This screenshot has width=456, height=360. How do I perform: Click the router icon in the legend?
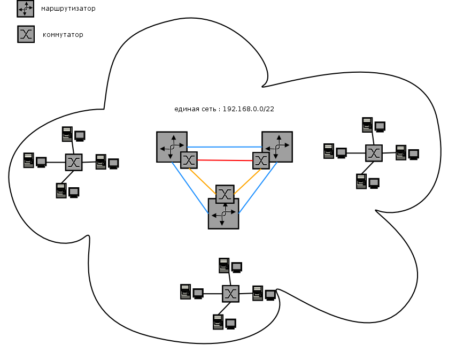(25, 9)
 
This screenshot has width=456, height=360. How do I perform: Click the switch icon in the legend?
(26, 34)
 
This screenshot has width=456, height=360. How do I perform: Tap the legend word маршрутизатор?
(68, 9)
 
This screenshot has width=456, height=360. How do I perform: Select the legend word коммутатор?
(63, 35)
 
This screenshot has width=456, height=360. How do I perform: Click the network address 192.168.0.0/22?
(248, 109)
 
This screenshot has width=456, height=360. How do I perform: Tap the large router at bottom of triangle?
(223, 215)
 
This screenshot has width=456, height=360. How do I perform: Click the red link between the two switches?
(225, 160)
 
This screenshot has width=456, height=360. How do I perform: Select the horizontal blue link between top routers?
(225, 147)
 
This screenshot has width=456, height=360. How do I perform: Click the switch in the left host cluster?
(74, 162)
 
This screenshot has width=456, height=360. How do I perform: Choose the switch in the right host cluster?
(374, 153)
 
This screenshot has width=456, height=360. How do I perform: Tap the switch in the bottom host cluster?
(230, 293)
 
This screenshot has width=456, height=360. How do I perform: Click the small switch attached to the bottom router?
(225, 193)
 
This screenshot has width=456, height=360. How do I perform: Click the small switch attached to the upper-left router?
(189, 160)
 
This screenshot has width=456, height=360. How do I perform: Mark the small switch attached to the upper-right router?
(261, 160)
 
